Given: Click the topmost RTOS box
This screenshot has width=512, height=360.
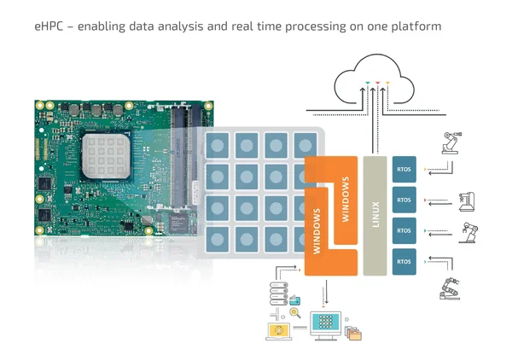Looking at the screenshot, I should [404, 169].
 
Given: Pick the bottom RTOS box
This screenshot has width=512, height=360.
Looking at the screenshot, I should [404, 260].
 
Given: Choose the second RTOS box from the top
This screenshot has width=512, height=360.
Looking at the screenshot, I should [404, 200].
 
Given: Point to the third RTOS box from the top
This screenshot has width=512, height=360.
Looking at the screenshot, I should [404, 230].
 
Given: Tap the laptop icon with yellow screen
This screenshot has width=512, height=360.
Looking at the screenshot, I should [279, 329].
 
